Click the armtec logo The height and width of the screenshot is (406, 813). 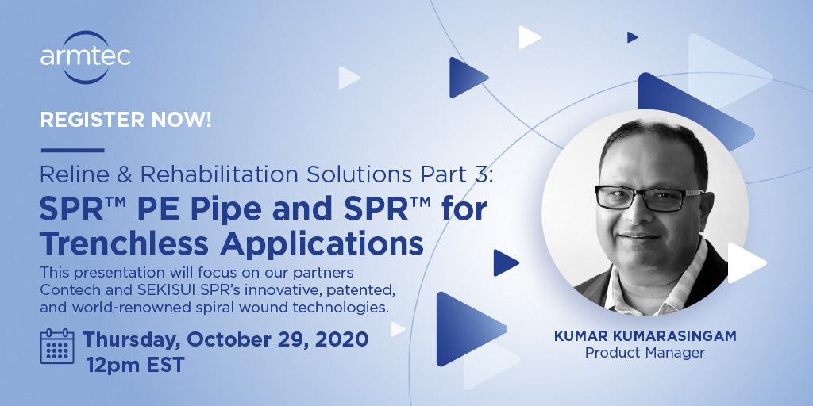(x=85, y=56)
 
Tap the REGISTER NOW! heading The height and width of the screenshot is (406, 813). (x=125, y=121)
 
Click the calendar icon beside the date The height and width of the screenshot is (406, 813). (x=57, y=346)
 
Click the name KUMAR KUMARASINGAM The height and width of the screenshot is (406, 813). (x=645, y=336)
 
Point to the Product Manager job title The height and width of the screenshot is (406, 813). (x=645, y=353)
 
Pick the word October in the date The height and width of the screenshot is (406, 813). (x=229, y=339)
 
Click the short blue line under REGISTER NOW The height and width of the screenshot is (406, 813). (x=72, y=150)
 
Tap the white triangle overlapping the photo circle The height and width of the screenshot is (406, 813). (x=745, y=262)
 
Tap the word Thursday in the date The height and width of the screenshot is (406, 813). (x=132, y=339)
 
